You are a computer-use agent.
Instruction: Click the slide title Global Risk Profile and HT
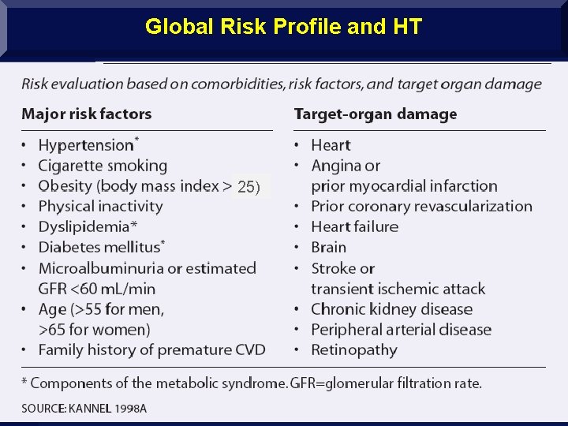(284, 27)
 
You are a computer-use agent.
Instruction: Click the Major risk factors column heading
(87, 114)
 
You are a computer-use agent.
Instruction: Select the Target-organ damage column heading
(375, 114)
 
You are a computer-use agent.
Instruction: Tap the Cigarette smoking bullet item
(103, 166)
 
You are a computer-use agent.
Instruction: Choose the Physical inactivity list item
(100, 207)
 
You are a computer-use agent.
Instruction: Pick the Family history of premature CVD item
(151, 349)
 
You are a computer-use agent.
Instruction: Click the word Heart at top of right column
(331, 145)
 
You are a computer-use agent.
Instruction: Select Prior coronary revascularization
(421, 207)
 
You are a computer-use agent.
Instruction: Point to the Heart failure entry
(354, 227)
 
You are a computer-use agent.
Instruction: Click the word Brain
(328, 248)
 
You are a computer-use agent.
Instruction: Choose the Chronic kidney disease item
(391, 309)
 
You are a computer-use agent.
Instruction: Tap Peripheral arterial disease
(401, 330)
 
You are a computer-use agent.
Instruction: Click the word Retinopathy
(353, 350)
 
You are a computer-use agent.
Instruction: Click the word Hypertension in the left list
(86, 145)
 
